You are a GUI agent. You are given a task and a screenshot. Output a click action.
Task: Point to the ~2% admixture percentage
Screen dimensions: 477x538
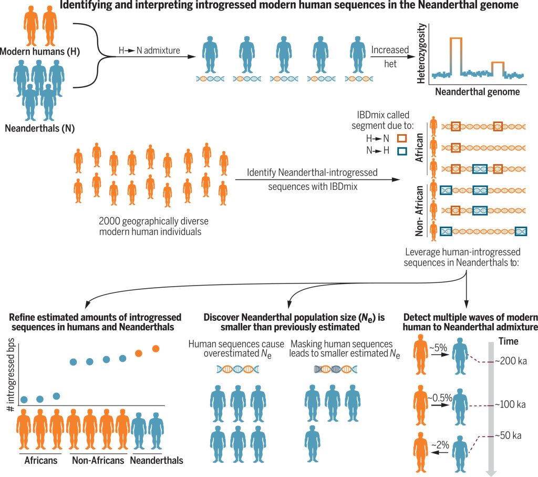click(x=438, y=444)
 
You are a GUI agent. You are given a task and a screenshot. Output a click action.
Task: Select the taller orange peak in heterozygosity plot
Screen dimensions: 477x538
click(x=456, y=39)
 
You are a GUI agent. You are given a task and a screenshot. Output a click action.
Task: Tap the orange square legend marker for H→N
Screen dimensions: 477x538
click(x=402, y=138)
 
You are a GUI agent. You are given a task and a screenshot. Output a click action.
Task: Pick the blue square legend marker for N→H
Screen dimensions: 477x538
click(x=402, y=151)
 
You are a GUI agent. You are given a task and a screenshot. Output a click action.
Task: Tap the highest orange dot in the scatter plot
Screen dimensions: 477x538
click(x=156, y=348)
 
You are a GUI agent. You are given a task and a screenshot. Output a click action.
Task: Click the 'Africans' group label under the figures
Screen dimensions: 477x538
click(x=41, y=461)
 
